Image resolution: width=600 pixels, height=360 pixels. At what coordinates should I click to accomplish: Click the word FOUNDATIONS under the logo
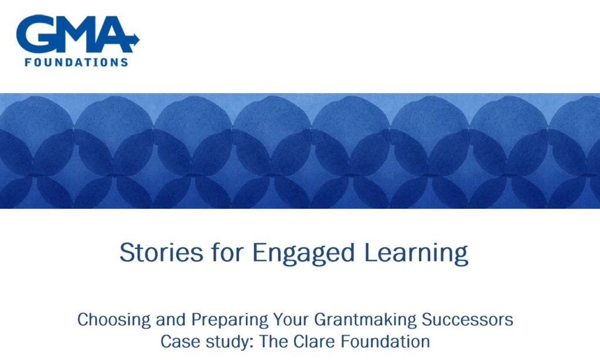[76, 62]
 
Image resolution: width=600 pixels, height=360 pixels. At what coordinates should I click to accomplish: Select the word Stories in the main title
[161, 253]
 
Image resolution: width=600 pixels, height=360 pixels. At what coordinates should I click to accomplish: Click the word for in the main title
[227, 252]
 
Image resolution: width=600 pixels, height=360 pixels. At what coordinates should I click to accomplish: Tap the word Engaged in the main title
[304, 253]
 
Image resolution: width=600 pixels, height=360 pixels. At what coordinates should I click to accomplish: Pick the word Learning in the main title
[416, 253]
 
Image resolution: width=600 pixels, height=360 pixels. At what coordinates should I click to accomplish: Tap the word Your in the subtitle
[291, 320]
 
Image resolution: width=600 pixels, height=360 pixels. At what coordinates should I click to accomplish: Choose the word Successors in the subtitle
[467, 320]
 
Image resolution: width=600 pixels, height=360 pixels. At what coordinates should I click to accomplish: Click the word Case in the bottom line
[180, 342]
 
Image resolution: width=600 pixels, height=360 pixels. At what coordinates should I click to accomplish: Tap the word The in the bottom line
[274, 341]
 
